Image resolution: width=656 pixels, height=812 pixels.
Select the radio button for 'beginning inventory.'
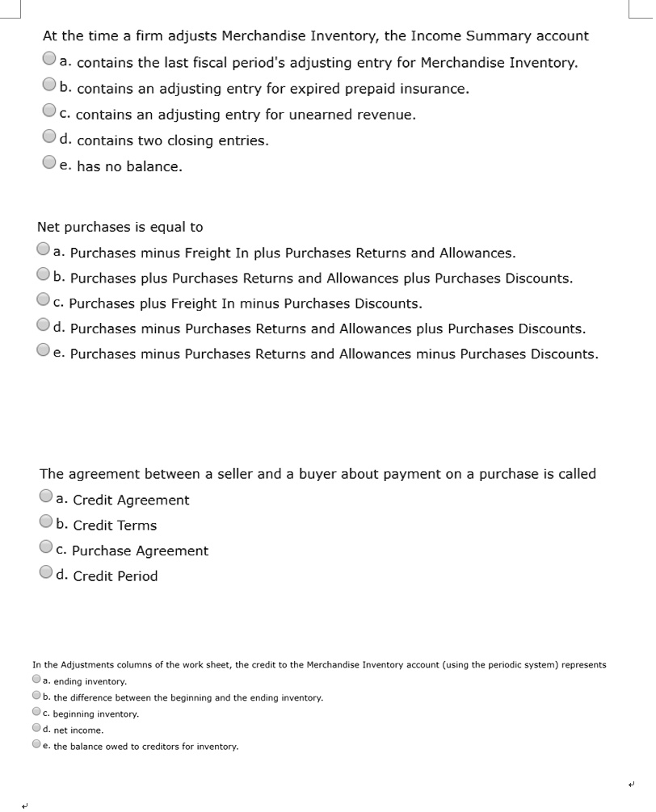pos(37,713)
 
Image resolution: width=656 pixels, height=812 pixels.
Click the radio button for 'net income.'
pos(37,729)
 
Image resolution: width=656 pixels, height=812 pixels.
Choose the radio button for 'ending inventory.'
pos(37,680)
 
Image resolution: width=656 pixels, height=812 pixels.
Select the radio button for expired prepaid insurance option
pos(49,86)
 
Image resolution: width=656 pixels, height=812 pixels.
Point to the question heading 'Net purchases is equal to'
pos(120,228)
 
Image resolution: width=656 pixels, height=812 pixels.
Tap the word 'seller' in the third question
pos(231,475)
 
